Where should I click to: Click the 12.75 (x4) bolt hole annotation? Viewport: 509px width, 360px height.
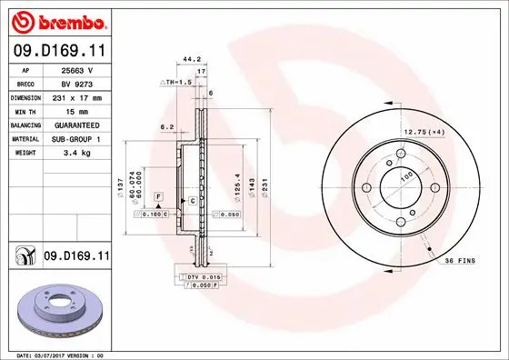[x=423, y=134]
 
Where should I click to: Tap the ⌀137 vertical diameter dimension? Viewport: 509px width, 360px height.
[x=120, y=188]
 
